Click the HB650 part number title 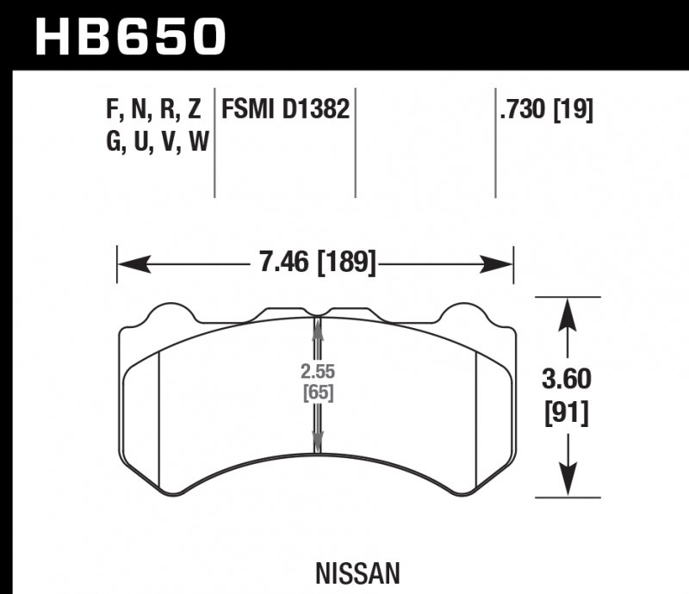click(129, 36)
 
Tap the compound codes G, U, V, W click(155, 142)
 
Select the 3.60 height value click(565, 380)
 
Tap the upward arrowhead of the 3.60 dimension click(566, 312)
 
